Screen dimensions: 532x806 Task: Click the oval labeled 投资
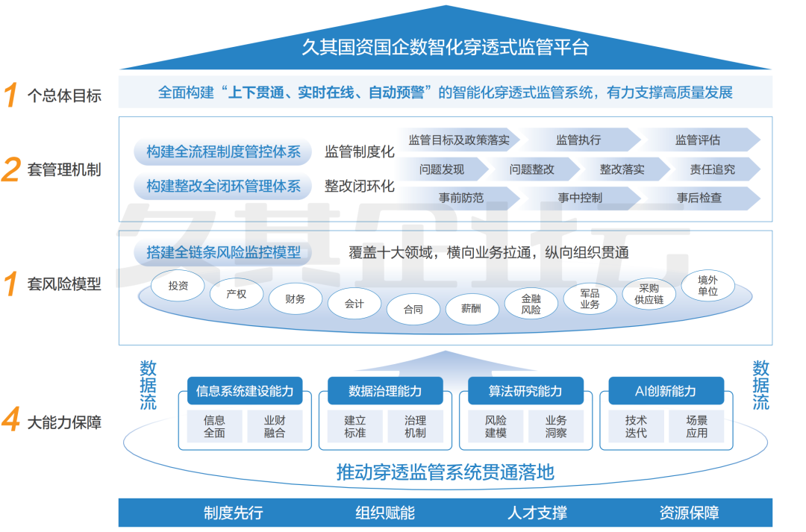point(178,285)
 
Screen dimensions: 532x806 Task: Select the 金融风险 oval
point(531,304)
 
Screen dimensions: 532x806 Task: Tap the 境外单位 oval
point(707,285)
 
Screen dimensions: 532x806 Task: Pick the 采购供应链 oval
point(649,294)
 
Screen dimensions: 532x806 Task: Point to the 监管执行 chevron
point(578,140)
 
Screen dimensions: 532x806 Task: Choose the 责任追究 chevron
point(712,169)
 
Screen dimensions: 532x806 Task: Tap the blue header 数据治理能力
point(385,391)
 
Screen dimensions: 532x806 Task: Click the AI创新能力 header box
point(666,391)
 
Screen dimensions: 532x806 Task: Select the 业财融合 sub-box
point(275,426)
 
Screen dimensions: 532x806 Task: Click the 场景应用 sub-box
point(696,426)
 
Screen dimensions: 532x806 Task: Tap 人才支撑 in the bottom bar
point(537,513)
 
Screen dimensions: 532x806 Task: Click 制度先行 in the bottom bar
point(234,513)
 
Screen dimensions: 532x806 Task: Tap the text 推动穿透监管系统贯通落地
point(446,472)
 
